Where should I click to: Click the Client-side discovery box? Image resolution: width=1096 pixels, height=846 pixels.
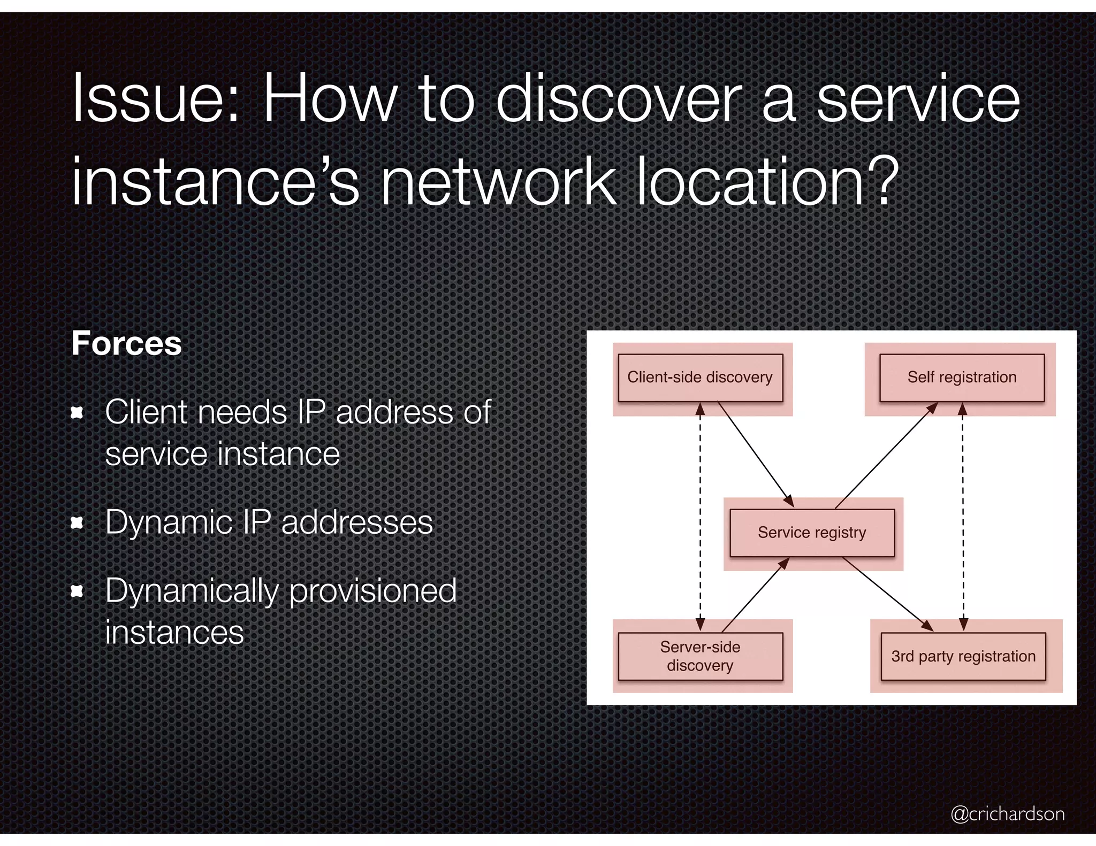click(700, 378)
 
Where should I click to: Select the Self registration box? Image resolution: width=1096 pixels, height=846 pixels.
click(962, 378)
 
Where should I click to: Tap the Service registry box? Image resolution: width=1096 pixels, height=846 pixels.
click(812, 533)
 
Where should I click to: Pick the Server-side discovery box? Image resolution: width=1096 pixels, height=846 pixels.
click(700, 656)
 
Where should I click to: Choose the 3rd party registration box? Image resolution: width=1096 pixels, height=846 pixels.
click(963, 656)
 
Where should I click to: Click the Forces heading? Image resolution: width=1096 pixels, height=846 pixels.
click(127, 343)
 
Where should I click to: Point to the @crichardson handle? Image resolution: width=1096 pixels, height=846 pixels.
click(1007, 813)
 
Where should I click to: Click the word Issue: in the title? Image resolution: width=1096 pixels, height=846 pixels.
click(155, 99)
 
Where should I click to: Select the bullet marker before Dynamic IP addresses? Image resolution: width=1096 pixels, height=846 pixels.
click(78, 522)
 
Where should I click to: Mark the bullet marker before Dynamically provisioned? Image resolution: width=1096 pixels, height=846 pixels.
click(78, 591)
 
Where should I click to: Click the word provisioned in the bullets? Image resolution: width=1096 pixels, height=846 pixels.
click(372, 591)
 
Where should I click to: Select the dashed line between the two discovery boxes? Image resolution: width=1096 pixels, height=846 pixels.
click(700, 516)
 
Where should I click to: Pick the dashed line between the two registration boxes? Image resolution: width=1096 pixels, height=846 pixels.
click(963, 516)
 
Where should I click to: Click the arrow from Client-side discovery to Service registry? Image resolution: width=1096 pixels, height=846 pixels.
click(755, 454)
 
